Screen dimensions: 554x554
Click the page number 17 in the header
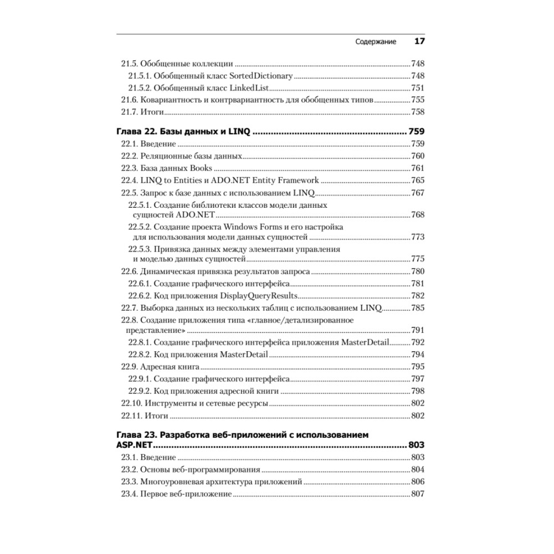[x=419, y=42]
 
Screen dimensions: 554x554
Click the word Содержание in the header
[x=376, y=42]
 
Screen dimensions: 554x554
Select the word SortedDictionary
[x=260, y=75]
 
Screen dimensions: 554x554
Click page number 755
[x=417, y=100]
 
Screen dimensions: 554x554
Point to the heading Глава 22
[x=139, y=132]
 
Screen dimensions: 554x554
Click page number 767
[x=417, y=193]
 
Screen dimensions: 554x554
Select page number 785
[x=417, y=308]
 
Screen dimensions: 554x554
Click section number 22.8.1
[x=139, y=342]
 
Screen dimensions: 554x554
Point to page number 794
[x=417, y=355]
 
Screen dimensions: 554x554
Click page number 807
[x=417, y=494]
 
